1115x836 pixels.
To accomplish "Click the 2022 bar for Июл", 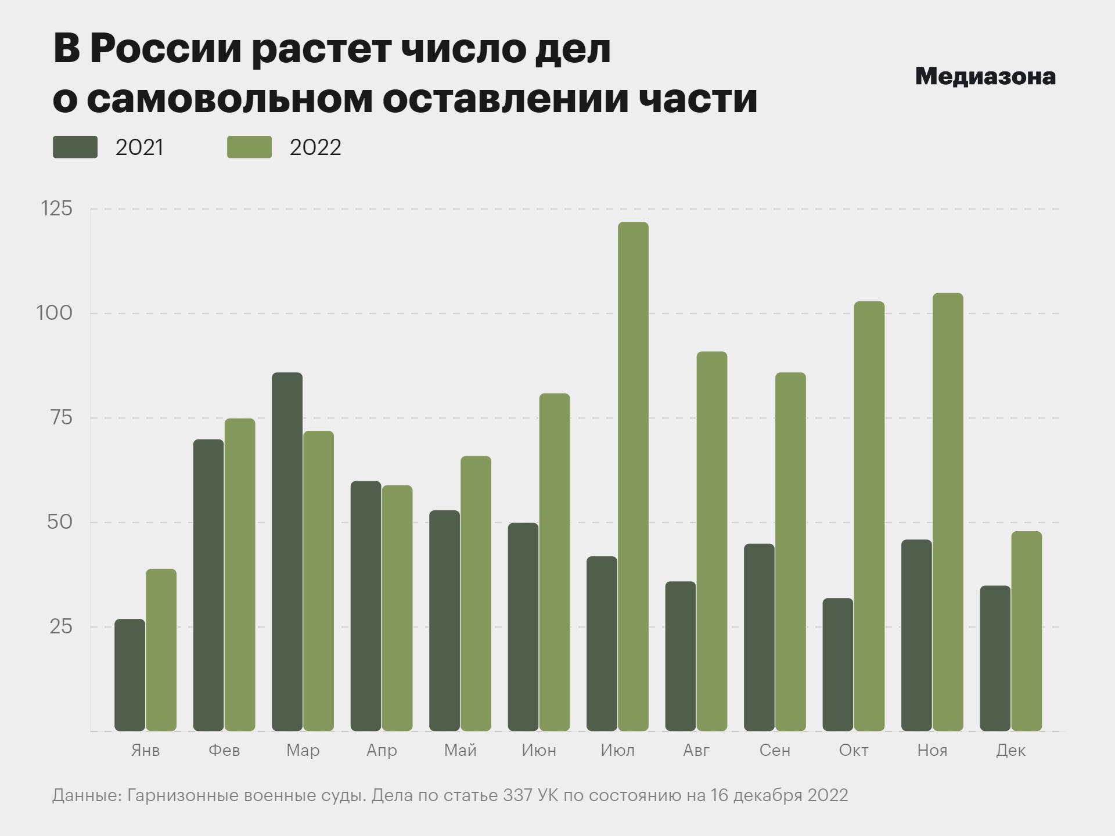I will [633, 476].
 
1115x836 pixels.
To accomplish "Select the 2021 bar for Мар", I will [287, 552].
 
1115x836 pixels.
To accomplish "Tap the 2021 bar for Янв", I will [130, 675].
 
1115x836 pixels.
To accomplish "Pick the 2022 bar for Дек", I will [1026, 631].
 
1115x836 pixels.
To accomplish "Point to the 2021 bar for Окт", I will [837, 664].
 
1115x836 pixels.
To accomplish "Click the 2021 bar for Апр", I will [366, 606].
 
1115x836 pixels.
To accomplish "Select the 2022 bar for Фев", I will [240, 574].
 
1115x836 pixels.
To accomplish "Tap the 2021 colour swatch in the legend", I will [75, 147].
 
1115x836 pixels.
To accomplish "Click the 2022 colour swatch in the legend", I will [249, 147].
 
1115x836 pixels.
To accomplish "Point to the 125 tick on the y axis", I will [57, 208].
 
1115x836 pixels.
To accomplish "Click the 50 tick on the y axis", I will [60, 522].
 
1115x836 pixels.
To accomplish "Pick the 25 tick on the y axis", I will [61, 626].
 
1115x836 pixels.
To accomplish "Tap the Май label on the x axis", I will [460, 750].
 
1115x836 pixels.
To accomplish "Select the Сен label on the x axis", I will [775, 750].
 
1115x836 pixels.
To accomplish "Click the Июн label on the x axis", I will [538, 750].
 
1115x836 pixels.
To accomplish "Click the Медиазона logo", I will [985, 77].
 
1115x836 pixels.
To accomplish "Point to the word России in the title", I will [166, 49].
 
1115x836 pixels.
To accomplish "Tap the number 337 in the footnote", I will [517, 795].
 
